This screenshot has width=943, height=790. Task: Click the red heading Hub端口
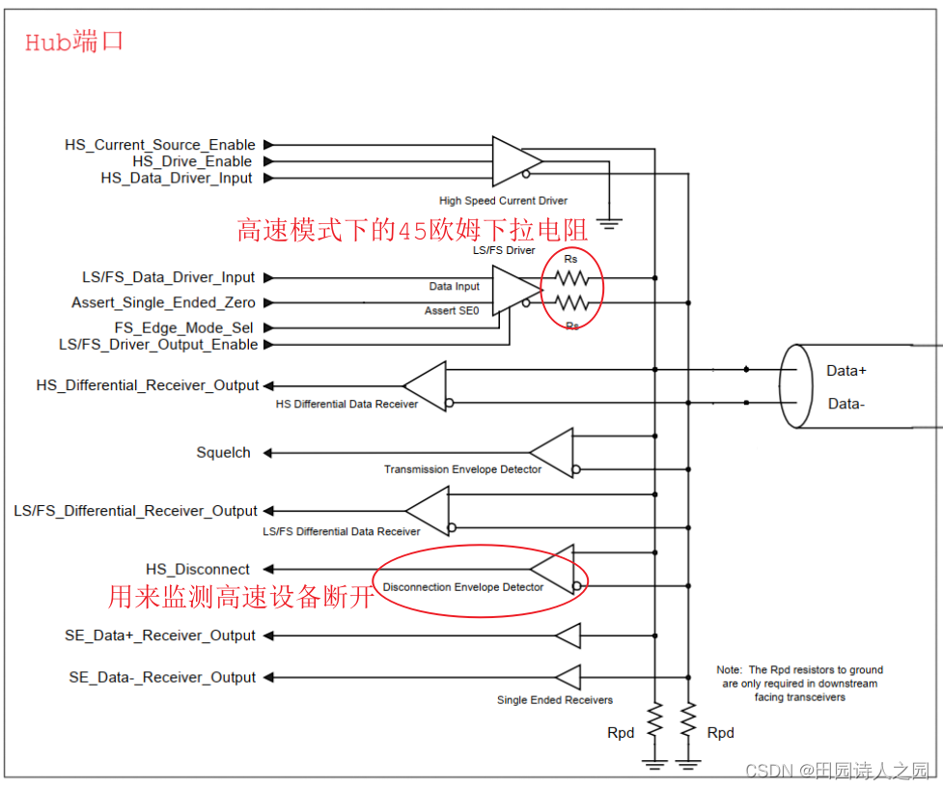pos(74,42)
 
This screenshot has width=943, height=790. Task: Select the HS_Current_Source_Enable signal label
pos(158,145)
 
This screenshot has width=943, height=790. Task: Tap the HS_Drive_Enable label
pos(192,161)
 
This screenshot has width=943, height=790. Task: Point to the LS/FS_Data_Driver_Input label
pos(169,277)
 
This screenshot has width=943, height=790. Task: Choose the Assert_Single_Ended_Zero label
pos(164,302)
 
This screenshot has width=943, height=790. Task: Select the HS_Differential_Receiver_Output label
pos(148,385)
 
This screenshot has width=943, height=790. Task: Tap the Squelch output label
pos(223,452)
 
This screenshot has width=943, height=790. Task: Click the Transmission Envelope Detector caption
pos(462,469)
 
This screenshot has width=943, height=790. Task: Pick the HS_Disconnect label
pos(198,570)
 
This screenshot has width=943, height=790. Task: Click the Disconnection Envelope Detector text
pos(462,587)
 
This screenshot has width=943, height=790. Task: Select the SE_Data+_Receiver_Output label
pos(160,635)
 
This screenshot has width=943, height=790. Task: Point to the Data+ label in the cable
pos(846,371)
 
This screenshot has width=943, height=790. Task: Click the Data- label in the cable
pos(846,404)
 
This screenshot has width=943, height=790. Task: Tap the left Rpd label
pos(621,733)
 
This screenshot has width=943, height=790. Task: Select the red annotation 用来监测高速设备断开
pos(240,598)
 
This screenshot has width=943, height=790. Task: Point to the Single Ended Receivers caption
pos(554,700)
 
